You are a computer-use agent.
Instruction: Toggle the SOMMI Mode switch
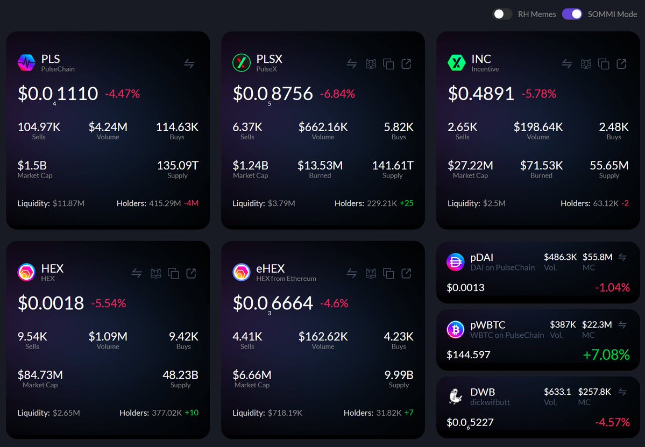pos(572,14)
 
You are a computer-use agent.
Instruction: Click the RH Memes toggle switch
pos(502,14)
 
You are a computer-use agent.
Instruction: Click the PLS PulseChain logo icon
pos(26,63)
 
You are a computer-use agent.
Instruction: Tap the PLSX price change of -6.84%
pos(337,94)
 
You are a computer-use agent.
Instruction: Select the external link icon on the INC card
pos(621,63)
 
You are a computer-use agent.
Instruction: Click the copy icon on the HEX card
pos(173,273)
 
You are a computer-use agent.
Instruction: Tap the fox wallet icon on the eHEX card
pos(371,273)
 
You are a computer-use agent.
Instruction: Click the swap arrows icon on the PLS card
pos(189,63)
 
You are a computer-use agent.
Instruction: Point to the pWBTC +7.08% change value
pos(606,355)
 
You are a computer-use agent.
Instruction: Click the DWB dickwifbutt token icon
pos(455,396)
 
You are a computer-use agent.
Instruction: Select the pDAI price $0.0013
pos(465,288)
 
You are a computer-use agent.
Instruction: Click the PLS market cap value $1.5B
pos(32,166)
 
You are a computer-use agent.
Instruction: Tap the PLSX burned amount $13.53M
pos(320,166)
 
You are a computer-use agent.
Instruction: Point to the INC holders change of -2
pos(625,203)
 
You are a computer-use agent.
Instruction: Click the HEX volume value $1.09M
pos(108,337)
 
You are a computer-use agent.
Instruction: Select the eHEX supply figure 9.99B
pos(399,375)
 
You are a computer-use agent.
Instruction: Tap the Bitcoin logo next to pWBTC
pos(455,329)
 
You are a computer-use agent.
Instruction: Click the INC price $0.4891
pos(481,94)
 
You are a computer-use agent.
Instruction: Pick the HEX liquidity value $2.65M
pos(66,413)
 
